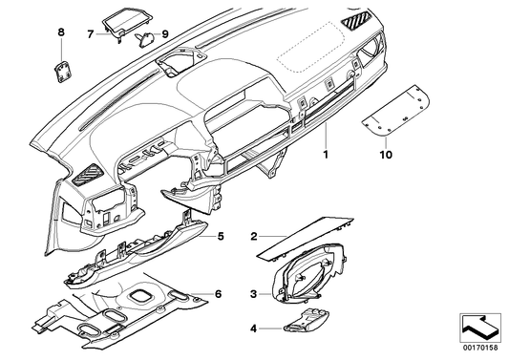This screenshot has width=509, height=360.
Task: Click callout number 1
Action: click(x=325, y=152)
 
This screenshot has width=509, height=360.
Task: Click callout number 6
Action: click(x=220, y=295)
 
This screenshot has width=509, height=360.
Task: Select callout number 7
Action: click(x=91, y=33)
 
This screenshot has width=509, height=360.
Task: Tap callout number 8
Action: click(x=62, y=33)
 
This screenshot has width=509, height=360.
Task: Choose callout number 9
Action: click(x=164, y=33)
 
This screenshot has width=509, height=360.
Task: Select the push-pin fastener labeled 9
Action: click(x=146, y=38)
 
